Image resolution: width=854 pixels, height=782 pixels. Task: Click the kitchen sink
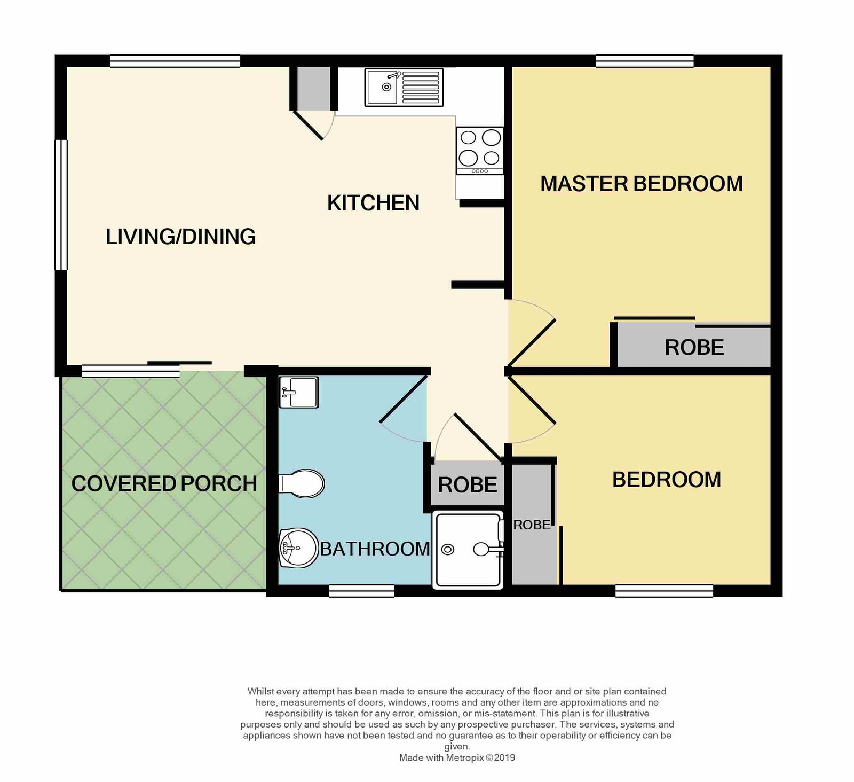404,87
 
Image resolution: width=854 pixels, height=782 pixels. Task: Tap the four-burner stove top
480,151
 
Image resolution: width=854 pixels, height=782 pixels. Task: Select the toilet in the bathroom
302,484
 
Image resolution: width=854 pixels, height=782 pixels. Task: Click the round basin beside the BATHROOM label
298,548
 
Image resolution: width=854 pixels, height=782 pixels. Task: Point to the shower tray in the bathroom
468,550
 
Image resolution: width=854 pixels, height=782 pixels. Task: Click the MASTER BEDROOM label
642,184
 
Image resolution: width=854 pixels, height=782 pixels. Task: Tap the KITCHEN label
373,203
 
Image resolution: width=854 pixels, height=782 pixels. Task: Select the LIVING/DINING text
180,237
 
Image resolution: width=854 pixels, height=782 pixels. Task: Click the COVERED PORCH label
164,484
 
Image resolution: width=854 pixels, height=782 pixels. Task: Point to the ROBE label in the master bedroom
694,348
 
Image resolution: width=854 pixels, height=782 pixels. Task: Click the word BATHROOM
375,549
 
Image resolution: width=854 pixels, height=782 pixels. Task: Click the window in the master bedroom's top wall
645,61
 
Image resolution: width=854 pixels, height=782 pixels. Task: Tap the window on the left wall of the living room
61,205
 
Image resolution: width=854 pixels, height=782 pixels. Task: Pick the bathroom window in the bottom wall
362,591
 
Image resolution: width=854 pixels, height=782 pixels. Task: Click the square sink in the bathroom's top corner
299,392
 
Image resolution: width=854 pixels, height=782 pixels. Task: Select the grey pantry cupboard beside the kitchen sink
314,89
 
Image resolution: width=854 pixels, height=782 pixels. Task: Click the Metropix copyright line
457,757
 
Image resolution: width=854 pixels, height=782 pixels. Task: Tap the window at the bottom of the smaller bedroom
664,591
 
